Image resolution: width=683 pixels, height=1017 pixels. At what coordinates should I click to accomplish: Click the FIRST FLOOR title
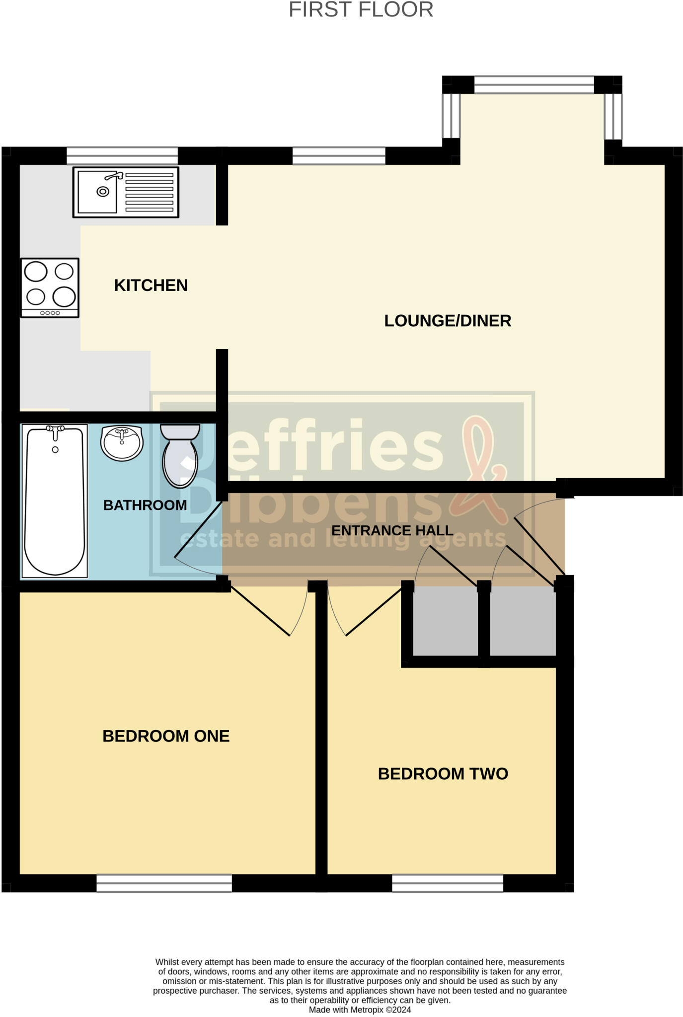tap(361, 10)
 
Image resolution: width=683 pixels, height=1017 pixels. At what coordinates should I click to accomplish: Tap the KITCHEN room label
tap(151, 286)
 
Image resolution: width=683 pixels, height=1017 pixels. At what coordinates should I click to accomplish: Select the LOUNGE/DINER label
tap(448, 321)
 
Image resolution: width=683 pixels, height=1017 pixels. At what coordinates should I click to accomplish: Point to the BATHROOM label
tap(145, 505)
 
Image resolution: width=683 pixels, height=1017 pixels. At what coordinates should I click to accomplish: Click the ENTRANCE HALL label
tap(392, 530)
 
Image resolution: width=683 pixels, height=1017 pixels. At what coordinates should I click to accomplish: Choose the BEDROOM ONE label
tap(166, 736)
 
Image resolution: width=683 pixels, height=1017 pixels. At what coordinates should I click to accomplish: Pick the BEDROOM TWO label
tap(443, 774)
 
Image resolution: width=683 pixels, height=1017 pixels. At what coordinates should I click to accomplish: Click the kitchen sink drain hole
tap(103, 192)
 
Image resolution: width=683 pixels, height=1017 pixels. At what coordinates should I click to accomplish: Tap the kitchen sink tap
tap(114, 176)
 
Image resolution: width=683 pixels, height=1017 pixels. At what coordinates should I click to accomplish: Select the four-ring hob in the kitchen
tap(50, 288)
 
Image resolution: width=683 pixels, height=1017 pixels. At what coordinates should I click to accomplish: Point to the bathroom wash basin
tap(122, 442)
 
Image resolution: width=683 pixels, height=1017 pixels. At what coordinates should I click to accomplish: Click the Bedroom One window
tap(164, 883)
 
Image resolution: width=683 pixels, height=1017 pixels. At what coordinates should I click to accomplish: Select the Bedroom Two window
tap(448, 883)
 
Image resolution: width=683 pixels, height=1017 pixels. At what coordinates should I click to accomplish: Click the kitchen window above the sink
tap(122, 155)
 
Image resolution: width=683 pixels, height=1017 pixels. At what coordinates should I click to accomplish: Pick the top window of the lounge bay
tap(534, 85)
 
